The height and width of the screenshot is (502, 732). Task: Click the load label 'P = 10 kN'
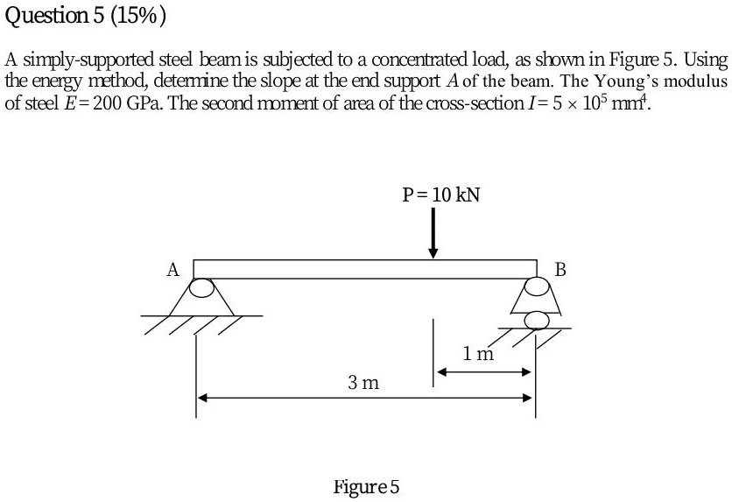pos(440,194)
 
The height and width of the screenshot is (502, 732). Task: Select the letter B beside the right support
pos(560,269)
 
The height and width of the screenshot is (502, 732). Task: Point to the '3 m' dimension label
pos(362,382)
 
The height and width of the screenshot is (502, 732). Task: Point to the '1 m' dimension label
pos(479,354)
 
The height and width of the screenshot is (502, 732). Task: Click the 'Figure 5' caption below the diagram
pos(366,486)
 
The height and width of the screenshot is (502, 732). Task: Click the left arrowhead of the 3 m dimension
pos(201,398)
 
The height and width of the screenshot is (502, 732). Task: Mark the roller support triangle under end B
pos(536,300)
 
